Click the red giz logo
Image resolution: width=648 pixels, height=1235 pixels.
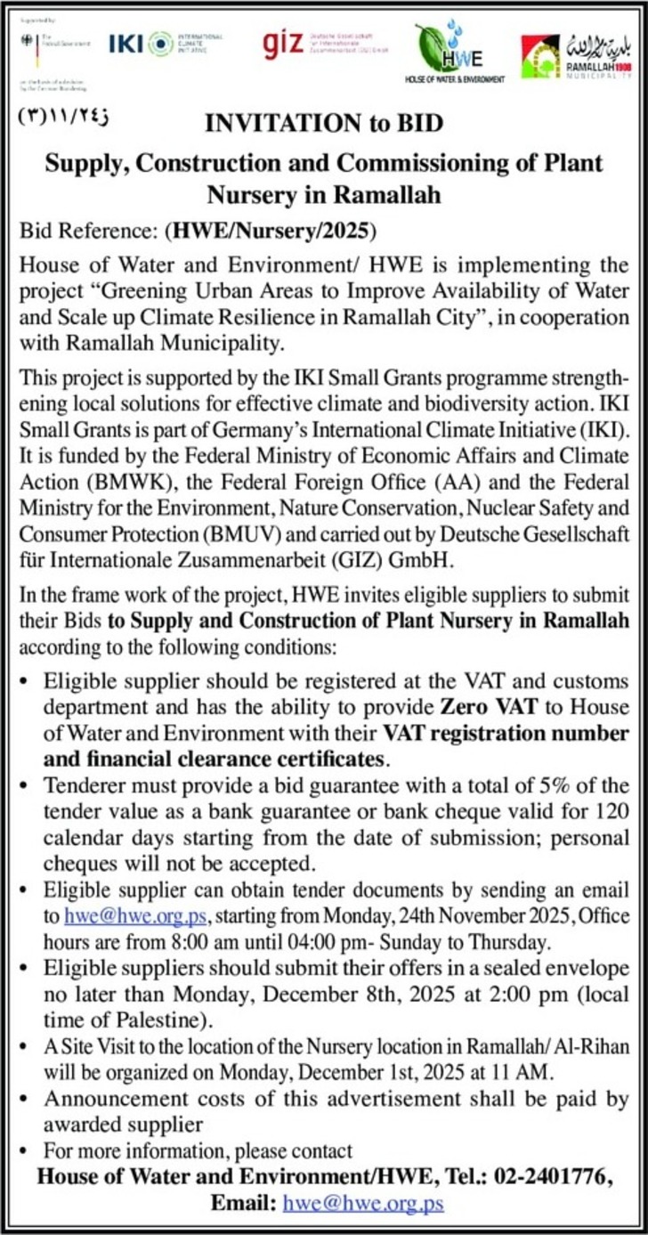tap(284, 45)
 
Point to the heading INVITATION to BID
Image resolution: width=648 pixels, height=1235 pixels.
tap(324, 123)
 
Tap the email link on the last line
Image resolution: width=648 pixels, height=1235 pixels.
tap(363, 1204)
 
